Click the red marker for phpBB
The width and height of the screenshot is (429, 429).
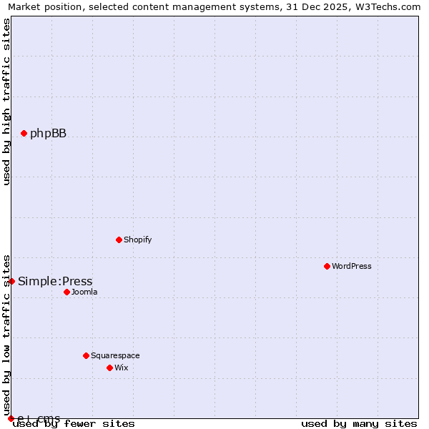pyautogui.click(x=24, y=133)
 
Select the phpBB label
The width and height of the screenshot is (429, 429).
pyautogui.click(x=48, y=134)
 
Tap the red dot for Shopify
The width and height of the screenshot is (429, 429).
pyautogui.click(x=119, y=240)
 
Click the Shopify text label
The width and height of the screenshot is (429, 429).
pyautogui.click(x=137, y=240)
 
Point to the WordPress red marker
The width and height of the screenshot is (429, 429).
pyautogui.click(x=327, y=266)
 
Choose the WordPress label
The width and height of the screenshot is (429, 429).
pyautogui.click(x=351, y=267)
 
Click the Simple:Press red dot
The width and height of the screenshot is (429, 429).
pyautogui.click(x=11, y=281)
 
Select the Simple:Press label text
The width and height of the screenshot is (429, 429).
pyautogui.click(x=55, y=282)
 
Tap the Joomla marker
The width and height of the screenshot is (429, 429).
pyautogui.click(x=66, y=292)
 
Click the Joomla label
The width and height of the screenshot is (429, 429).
pyautogui.click(x=84, y=292)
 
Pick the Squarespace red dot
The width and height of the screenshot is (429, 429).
pyautogui.click(x=86, y=355)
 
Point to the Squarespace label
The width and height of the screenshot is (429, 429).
pyautogui.click(x=115, y=356)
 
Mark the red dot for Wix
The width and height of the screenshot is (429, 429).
pyautogui.click(x=109, y=368)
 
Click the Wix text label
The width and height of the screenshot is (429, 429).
pyautogui.click(x=121, y=368)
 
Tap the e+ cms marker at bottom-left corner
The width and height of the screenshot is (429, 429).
pyautogui.click(x=11, y=418)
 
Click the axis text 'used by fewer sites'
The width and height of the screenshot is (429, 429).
pyautogui.click(x=74, y=424)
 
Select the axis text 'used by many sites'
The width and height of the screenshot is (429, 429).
pyautogui.click(x=359, y=424)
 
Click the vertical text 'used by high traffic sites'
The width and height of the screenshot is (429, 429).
pyautogui.click(x=7, y=102)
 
